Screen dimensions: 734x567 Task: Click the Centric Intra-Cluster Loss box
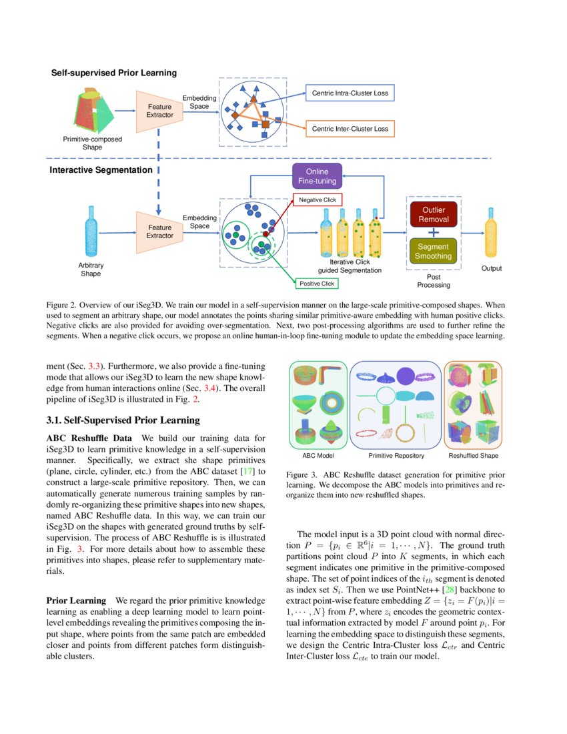point(350,93)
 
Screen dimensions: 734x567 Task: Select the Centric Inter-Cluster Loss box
point(350,128)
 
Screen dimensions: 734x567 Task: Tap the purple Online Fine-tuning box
point(317,176)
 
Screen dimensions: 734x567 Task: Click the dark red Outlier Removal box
point(433,215)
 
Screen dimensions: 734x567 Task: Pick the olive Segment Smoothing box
point(433,251)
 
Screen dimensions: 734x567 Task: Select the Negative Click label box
point(318,200)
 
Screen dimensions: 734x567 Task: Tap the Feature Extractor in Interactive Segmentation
point(160,232)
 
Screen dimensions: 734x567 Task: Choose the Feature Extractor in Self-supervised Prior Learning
point(160,111)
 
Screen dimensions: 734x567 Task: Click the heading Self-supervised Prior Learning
point(114,72)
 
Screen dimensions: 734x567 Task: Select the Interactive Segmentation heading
point(101,170)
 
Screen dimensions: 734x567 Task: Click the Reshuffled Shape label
point(473,456)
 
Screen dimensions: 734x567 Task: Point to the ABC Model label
point(318,456)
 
